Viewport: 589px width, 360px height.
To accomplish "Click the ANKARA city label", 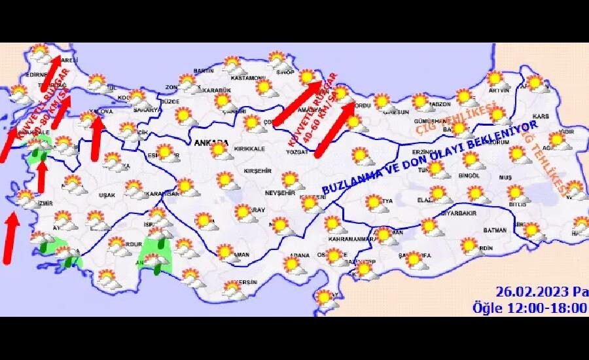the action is click(x=211, y=141).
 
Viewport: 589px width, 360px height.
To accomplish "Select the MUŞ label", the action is click(x=505, y=177).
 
